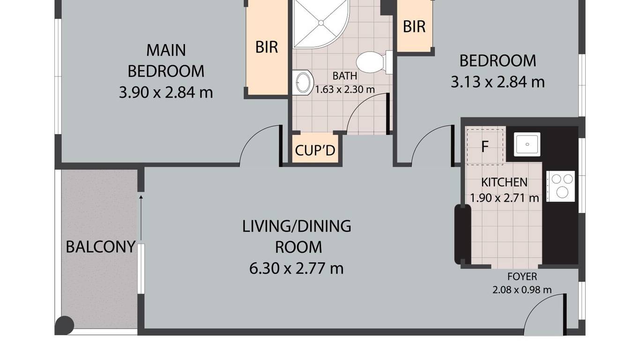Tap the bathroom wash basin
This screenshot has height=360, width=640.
coord(302,82)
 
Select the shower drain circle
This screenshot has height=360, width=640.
coord(321,23)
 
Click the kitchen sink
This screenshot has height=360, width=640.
coord(527,144)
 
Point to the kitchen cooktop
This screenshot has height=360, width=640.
coord(560,186)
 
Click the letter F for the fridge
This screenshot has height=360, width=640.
coord(485,147)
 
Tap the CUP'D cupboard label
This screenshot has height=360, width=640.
coord(315,150)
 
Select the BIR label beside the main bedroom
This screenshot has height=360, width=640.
coord(267,47)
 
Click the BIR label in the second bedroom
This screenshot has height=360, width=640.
coord(414,27)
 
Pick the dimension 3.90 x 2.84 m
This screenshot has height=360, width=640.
coord(166,93)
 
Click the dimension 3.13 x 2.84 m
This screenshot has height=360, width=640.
coord(498,82)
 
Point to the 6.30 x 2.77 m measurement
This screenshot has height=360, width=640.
coord(296,269)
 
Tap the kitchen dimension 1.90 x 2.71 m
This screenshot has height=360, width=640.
coord(504,198)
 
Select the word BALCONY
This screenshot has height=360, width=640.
coord(101,247)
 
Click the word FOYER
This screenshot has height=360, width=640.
coord(522,277)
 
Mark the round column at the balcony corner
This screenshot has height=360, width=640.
coord(64,325)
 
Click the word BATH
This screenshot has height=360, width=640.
coord(344,76)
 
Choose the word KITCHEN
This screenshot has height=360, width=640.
coord(504,182)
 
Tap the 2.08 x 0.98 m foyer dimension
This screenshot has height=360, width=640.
coord(522,290)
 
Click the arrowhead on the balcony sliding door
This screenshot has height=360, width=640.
coord(141,197)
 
